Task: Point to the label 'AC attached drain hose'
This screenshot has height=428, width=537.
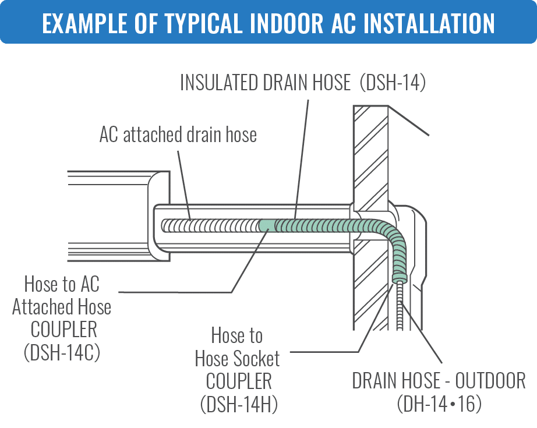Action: click(x=178, y=135)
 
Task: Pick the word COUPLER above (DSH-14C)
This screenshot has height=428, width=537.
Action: click(x=63, y=330)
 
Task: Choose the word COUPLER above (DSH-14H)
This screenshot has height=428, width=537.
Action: click(x=238, y=381)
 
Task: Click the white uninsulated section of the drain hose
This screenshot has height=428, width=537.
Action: click(x=210, y=225)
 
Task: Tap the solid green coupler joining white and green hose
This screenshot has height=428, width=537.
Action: click(x=267, y=225)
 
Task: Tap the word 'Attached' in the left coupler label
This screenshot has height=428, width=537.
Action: click(x=61, y=307)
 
